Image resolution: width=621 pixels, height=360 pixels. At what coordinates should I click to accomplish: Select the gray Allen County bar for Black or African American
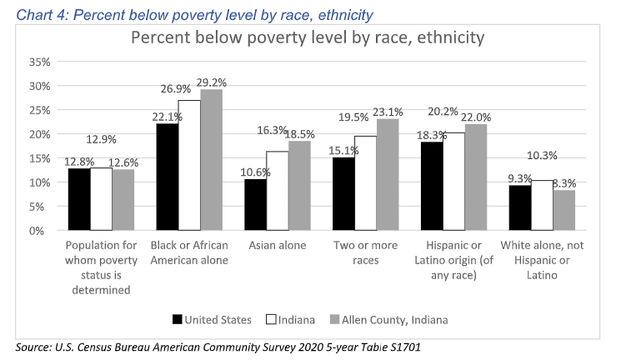[x=211, y=160]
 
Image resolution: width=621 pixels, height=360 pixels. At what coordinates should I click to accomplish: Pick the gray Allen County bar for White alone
[x=563, y=210]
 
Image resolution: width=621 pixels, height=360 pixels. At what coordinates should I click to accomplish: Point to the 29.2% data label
[x=212, y=82]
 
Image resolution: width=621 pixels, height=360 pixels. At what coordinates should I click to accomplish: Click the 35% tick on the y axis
[x=40, y=62]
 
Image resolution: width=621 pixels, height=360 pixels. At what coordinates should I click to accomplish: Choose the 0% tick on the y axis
[x=43, y=230]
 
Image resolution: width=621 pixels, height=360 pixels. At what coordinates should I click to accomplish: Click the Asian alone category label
[x=276, y=246]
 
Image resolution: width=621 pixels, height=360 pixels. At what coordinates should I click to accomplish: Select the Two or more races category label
[x=365, y=252]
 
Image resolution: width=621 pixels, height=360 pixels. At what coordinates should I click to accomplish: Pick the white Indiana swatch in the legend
[x=272, y=318]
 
